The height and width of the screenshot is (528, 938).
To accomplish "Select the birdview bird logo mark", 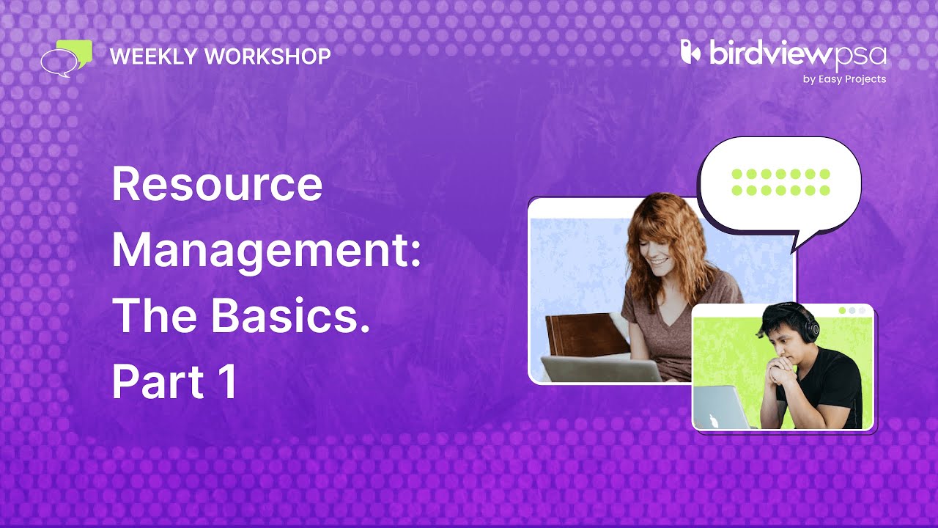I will (689, 52).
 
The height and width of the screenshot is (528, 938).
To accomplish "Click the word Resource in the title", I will (217, 185).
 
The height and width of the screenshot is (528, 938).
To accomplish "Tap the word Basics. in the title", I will (291, 317).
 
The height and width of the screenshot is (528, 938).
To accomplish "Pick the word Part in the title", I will (155, 383).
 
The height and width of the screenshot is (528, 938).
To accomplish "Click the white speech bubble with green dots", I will (780, 183).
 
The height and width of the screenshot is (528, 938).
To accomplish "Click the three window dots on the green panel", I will (852, 311).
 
